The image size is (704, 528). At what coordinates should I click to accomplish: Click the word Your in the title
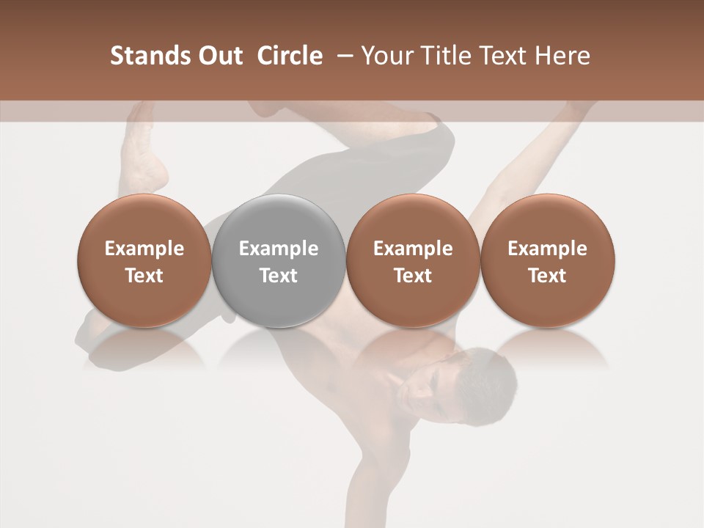386,56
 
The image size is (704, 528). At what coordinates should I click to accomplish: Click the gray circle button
278,260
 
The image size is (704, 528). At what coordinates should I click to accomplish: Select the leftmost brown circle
144,260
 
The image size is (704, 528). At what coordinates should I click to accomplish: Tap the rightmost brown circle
547,260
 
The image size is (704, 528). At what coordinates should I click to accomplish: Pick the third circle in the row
413,260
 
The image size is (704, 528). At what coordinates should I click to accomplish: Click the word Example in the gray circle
279,249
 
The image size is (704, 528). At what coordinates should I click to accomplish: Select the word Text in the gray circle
279,276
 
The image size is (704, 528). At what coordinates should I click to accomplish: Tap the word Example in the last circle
547,249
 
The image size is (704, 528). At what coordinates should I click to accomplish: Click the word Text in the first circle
144,276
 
